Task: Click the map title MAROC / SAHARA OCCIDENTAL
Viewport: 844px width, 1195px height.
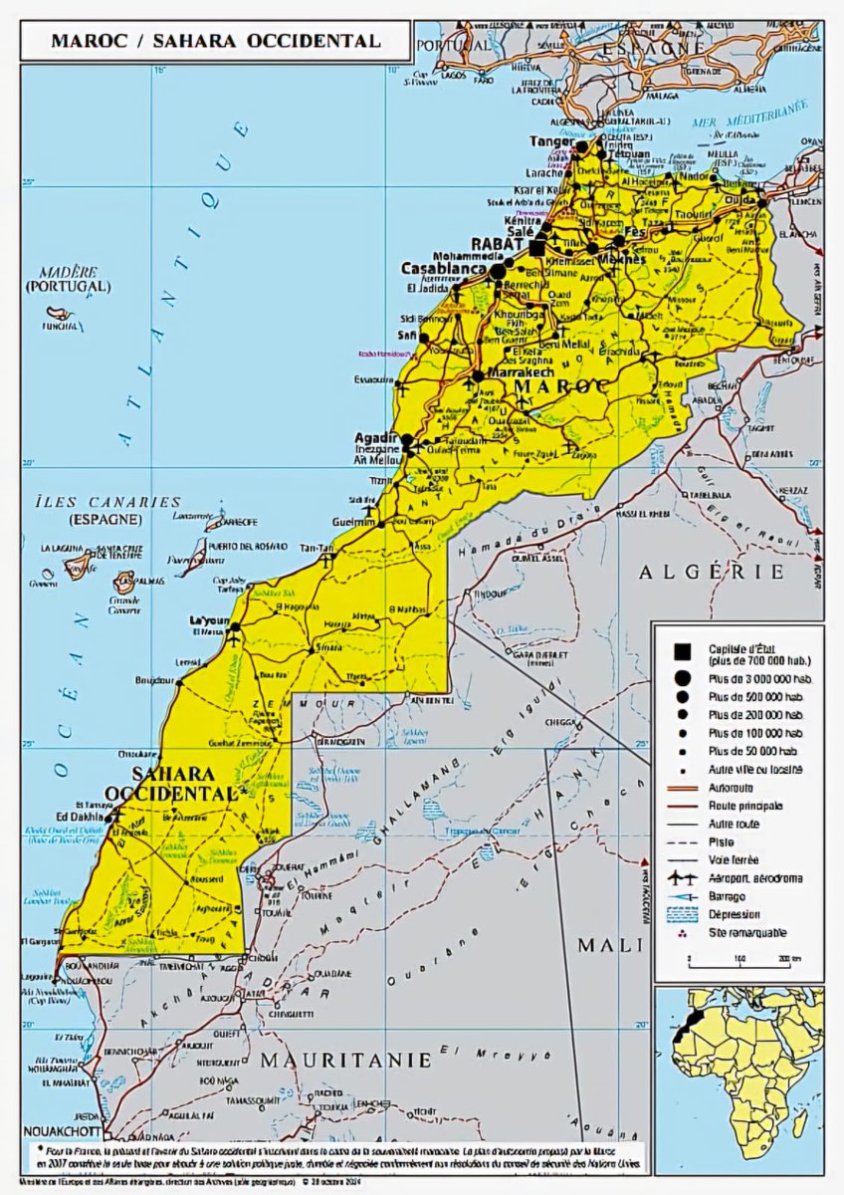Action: click(x=216, y=42)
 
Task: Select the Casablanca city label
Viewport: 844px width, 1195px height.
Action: click(x=443, y=269)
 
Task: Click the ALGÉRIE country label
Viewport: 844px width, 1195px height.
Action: click(x=712, y=572)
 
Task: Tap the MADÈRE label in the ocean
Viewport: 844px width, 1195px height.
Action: click(x=68, y=272)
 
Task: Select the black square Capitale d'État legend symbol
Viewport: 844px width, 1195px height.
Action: click(x=682, y=652)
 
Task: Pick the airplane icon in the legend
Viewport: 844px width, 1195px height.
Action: click(x=682, y=877)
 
